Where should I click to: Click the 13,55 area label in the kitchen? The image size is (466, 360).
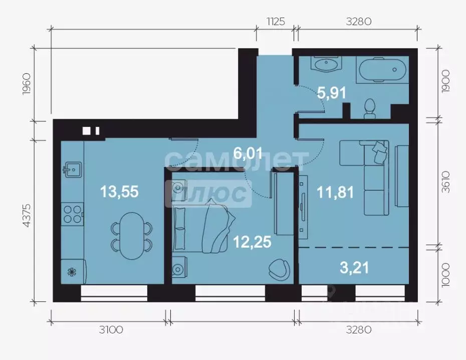(119, 191)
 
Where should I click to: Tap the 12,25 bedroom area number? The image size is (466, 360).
(252, 242)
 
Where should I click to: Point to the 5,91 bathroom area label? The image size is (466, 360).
(332, 92)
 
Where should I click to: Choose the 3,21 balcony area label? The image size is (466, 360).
(354, 268)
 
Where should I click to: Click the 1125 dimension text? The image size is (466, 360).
(275, 21)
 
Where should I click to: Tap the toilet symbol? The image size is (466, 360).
(370, 108)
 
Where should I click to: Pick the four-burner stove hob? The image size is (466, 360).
(73, 213)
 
